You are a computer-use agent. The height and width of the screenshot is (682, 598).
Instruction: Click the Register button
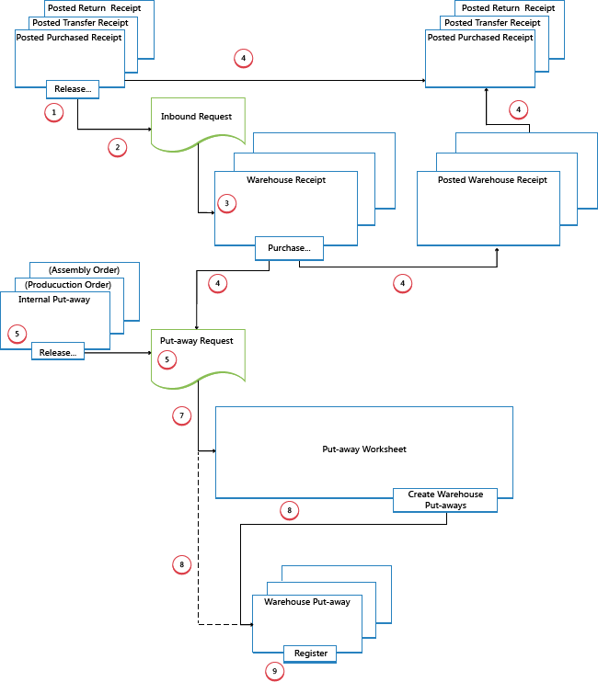point(310,653)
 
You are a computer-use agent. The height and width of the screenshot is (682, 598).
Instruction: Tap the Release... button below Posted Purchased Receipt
point(73,89)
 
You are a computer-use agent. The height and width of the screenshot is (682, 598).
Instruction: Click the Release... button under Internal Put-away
point(58,351)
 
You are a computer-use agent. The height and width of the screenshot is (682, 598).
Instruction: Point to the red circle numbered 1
point(54,112)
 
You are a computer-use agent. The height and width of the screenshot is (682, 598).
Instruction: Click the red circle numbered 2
point(117,147)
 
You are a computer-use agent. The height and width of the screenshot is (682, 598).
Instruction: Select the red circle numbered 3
point(227,203)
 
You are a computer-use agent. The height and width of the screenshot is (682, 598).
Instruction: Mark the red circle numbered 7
point(182,416)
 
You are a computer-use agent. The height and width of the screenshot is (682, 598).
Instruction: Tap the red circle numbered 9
point(273,672)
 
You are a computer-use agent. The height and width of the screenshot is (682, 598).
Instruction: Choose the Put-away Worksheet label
point(364,449)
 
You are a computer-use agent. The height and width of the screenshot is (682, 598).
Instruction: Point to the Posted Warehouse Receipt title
point(488,180)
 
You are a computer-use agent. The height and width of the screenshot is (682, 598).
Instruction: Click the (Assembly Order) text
point(85,269)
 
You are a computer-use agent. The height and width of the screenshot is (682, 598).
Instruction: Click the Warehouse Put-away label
point(306,602)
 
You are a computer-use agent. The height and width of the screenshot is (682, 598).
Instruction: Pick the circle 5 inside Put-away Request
point(167,360)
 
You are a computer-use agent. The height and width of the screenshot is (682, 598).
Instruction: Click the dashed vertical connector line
point(199,542)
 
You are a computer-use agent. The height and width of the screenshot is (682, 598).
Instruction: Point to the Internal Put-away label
point(54,299)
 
